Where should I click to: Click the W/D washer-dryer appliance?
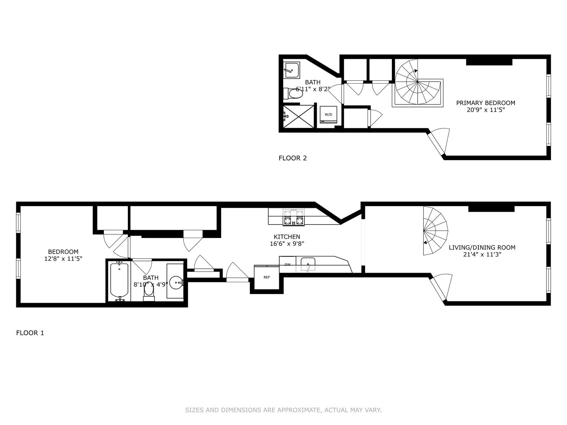tap(328, 114)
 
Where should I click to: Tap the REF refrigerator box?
tap(266, 277)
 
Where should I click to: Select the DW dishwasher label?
tap(287, 265)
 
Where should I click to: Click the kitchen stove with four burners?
tap(294, 217)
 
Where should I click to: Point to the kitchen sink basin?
tap(308, 264)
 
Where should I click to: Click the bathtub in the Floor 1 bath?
tap(119, 281)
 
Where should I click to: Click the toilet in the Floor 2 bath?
tap(293, 93)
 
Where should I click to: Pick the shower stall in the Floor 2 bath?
tap(298, 117)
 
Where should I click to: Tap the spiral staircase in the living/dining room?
tap(435, 231)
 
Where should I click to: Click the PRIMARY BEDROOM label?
tap(485, 103)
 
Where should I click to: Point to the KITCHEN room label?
tap(287, 237)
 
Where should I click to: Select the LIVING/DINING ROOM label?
tap(482, 248)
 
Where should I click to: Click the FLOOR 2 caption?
tap(293, 158)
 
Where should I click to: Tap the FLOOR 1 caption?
tap(30, 333)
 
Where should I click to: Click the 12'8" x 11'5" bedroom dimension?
tap(63, 259)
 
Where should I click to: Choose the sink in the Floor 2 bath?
tap(291, 70)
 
